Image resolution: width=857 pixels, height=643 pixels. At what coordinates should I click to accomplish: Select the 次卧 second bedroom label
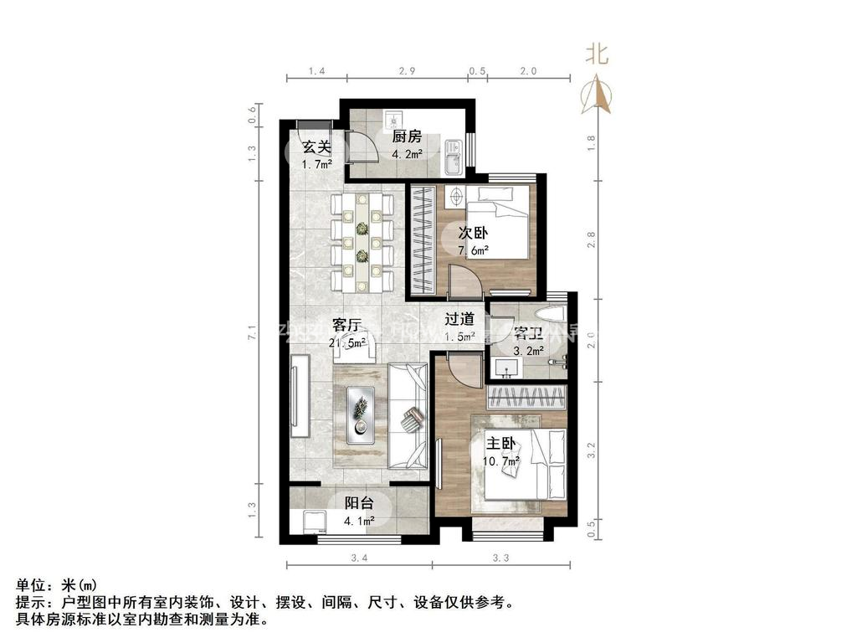pos(473,234)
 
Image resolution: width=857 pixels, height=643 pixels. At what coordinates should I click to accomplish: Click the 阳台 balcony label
pos(359,503)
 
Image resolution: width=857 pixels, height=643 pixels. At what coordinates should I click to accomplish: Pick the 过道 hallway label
pos(459,319)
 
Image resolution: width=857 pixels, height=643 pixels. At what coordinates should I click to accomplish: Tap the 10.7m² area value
pos(501,460)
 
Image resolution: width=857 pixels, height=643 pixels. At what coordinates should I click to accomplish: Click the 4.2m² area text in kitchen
pos(406,154)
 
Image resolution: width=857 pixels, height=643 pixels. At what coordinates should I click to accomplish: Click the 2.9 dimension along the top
pos(407,72)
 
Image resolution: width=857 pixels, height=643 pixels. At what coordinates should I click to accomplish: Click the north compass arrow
pos(596,94)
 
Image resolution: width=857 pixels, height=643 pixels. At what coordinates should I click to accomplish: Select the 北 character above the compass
pos(597,55)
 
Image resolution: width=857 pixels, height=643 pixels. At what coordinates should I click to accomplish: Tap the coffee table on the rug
pos(362,415)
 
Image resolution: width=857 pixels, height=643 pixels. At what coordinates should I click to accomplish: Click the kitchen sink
pos(453,157)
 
